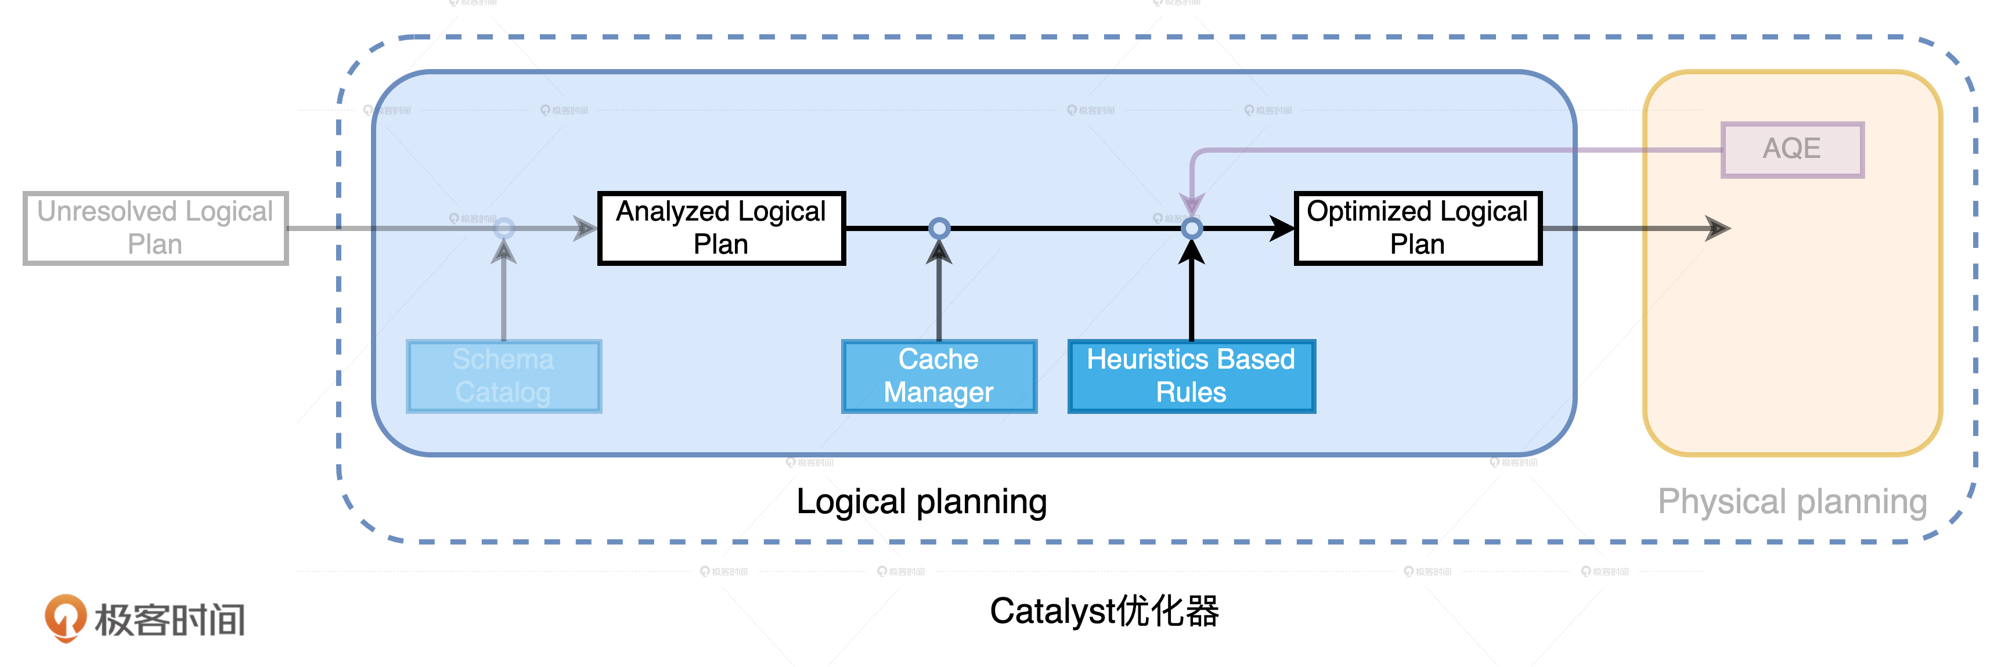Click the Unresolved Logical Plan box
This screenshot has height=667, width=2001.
(156, 228)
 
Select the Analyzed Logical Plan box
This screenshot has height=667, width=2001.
(721, 228)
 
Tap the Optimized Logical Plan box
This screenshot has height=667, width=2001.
(1418, 228)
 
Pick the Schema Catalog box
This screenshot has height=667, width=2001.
(503, 376)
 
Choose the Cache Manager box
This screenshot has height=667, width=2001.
(938, 376)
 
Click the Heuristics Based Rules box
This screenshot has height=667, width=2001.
(1191, 376)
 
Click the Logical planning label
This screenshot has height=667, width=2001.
(921, 502)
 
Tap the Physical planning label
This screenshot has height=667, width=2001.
(1792, 502)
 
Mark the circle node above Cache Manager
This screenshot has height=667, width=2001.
(939, 228)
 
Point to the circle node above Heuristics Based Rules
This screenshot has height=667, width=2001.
(1192, 228)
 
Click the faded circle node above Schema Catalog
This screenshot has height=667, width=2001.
(504, 228)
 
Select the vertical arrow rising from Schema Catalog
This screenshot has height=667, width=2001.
(504, 295)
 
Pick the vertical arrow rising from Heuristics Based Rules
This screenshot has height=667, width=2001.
(1192, 295)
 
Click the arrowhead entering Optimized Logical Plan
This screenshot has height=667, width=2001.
(1282, 228)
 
